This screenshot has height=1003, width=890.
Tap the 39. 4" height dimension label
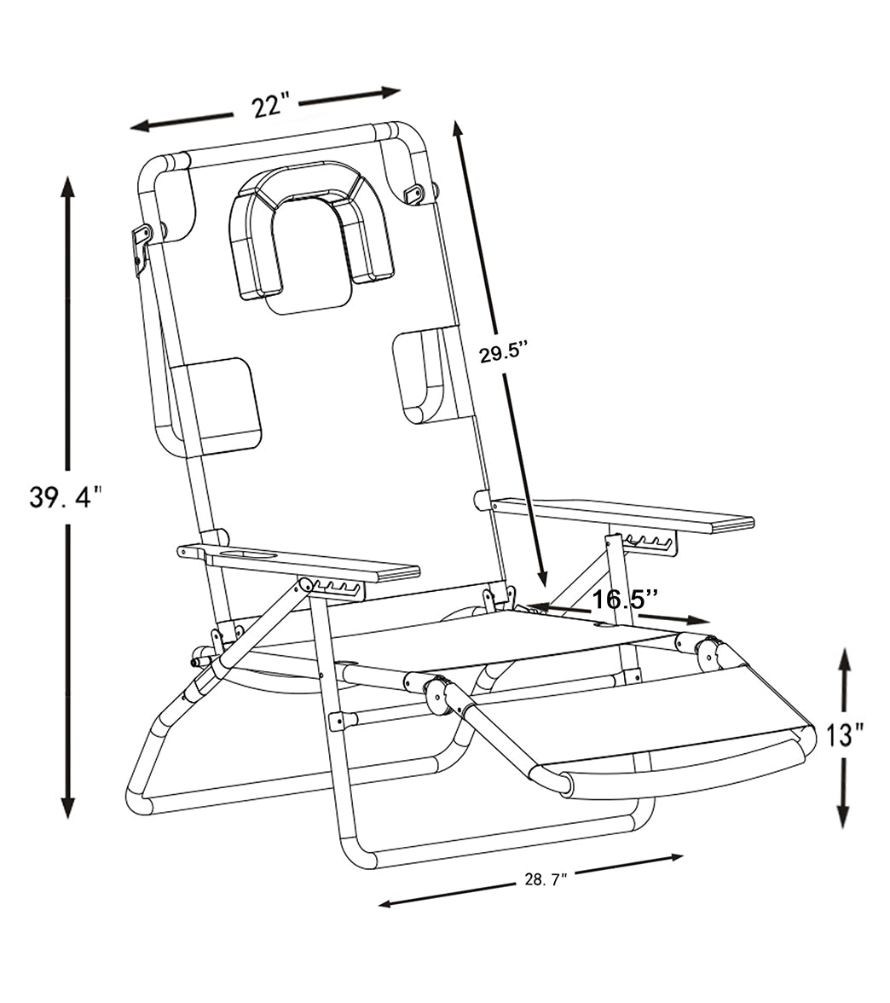(x=66, y=497)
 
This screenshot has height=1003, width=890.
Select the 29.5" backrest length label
(x=503, y=352)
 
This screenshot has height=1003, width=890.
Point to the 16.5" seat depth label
(x=626, y=599)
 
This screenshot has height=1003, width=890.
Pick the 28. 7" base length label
(x=546, y=880)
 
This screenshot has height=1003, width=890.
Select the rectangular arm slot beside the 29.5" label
(x=422, y=375)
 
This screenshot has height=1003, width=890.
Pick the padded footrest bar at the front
(x=673, y=766)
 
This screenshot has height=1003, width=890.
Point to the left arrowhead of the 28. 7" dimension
(x=386, y=902)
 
